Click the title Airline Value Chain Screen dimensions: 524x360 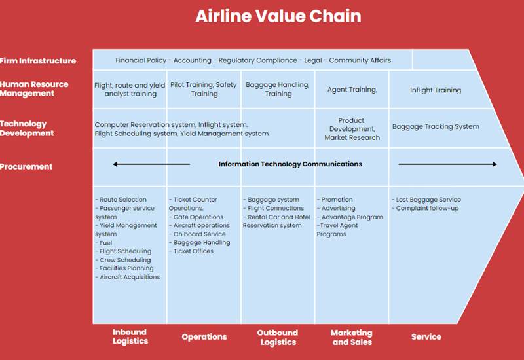(278, 16)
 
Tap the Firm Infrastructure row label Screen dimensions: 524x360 (38, 61)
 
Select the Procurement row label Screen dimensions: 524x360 (26, 166)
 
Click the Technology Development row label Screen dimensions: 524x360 (27, 128)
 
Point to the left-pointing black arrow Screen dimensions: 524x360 (151, 164)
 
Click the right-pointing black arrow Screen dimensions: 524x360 (447, 164)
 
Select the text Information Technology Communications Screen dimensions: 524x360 (290, 164)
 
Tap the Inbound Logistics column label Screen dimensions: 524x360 (130, 336)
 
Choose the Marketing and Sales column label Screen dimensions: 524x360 (352, 337)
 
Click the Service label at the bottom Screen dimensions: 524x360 (426, 336)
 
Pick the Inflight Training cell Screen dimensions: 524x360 (436, 90)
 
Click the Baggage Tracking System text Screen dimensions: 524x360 (436, 126)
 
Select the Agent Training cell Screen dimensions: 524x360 (352, 90)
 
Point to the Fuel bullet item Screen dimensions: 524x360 (103, 243)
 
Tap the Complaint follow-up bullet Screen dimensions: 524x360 (425, 208)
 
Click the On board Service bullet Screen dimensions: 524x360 (197, 234)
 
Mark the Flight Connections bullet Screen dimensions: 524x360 (273, 208)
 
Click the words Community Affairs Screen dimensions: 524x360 (360, 60)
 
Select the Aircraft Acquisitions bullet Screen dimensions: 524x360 (128, 277)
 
